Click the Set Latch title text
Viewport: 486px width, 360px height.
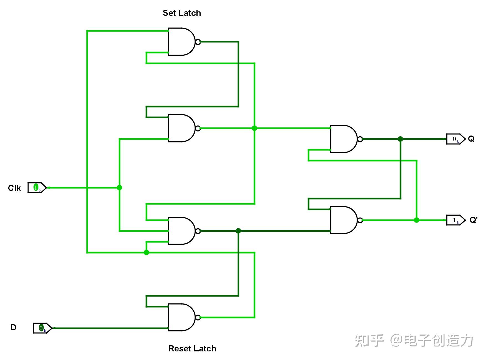point(182,13)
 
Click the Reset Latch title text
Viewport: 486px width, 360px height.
point(192,348)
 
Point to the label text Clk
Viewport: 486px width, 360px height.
point(14,188)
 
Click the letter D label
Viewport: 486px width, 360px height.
point(13,328)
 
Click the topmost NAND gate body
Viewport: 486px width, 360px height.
point(182,42)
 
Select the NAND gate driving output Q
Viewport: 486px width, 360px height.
point(344,139)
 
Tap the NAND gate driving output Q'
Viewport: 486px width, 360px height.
point(344,220)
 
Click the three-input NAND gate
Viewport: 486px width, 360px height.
point(182,231)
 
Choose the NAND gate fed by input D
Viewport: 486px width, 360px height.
point(182,317)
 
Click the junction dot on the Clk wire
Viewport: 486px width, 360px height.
point(119,188)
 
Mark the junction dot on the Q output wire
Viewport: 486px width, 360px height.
point(400,139)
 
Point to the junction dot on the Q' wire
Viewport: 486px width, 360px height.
point(416,220)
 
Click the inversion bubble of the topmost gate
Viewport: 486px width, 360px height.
point(198,42)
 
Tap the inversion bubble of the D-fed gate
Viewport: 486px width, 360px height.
point(198,317)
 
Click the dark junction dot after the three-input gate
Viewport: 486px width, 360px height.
point(238,231)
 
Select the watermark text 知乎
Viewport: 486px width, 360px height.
point(369,340)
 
